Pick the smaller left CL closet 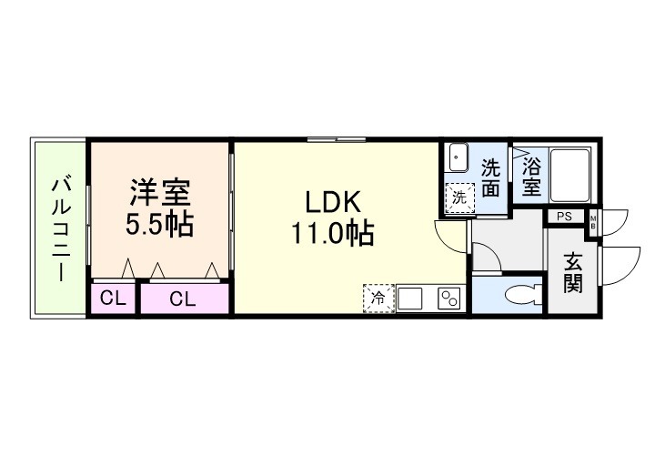[x=112, y=299]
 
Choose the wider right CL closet [x=182, y=299]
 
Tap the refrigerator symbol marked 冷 [x=378, y=298]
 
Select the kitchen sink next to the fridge [x=410, y=298]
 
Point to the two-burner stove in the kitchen [x=448, y=298]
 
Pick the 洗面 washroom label [x=490, y=177]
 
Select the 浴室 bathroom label [x=531, y=177]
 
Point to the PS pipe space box [x=565, y=217]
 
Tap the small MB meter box [x=593, y=221]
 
